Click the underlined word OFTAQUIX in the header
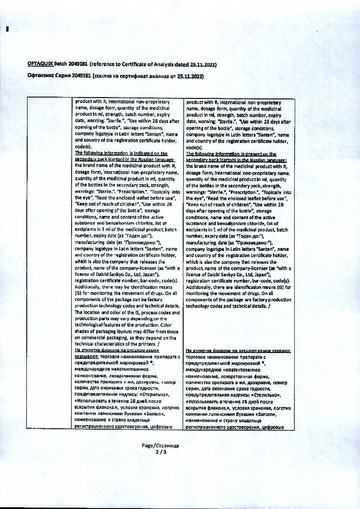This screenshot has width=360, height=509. [x=41, y=65]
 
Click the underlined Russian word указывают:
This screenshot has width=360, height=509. [x=86, y=357]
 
